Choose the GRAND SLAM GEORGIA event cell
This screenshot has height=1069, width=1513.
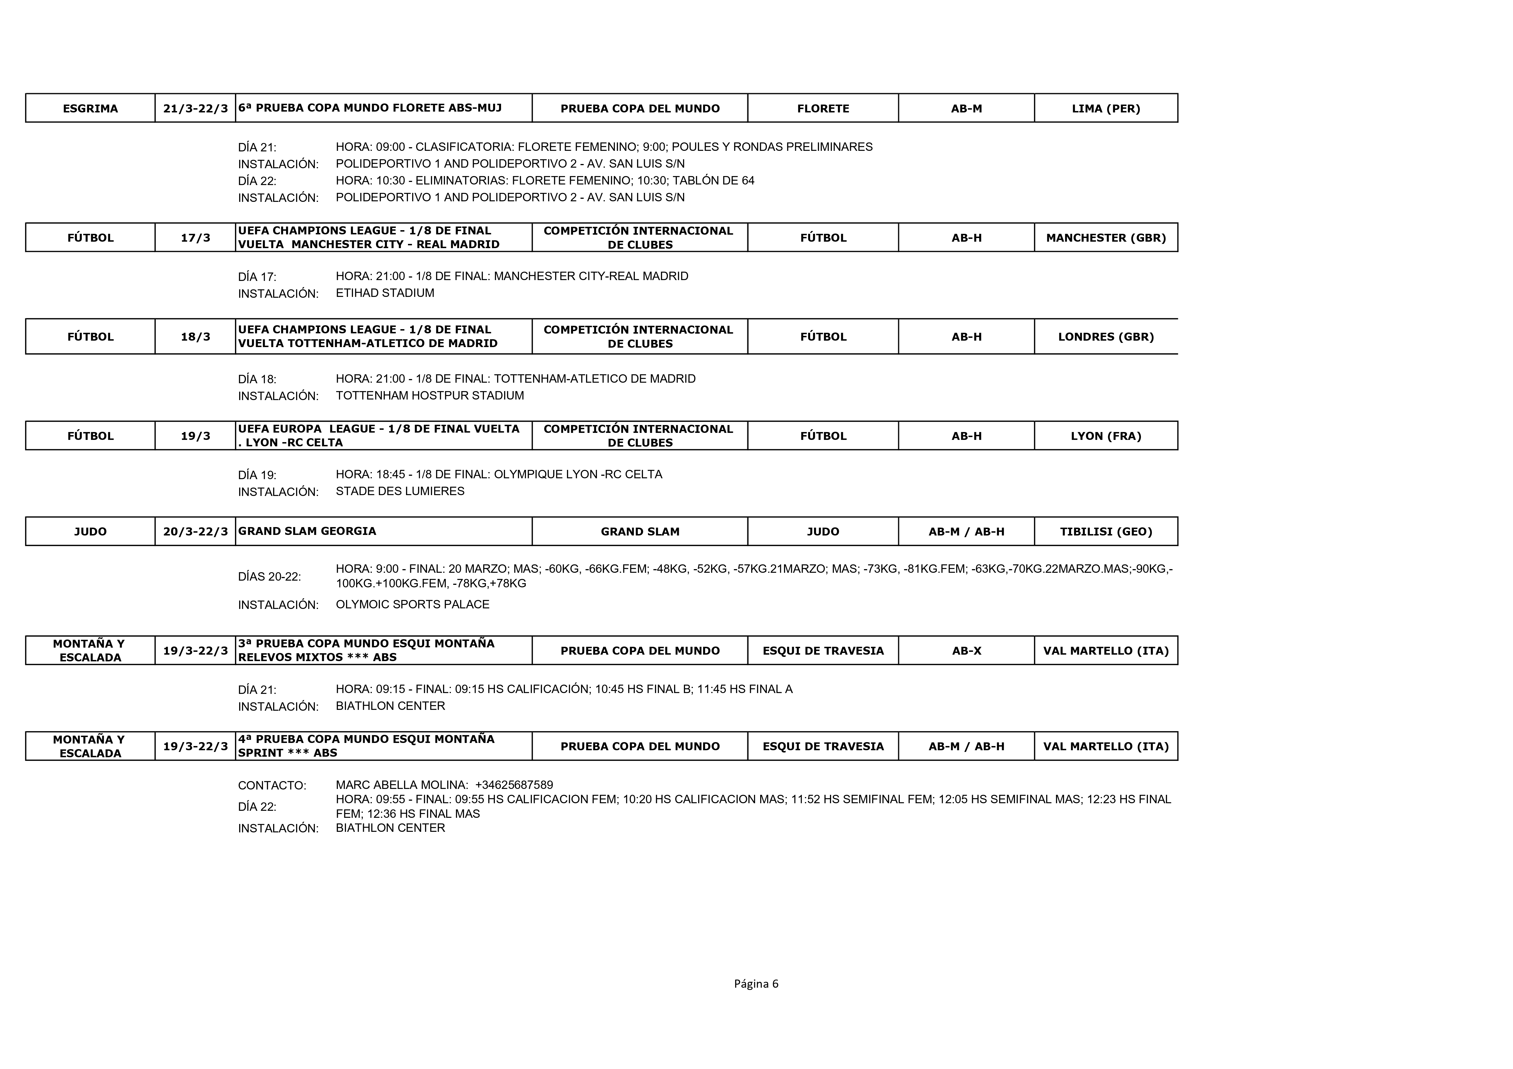(307, 531)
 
